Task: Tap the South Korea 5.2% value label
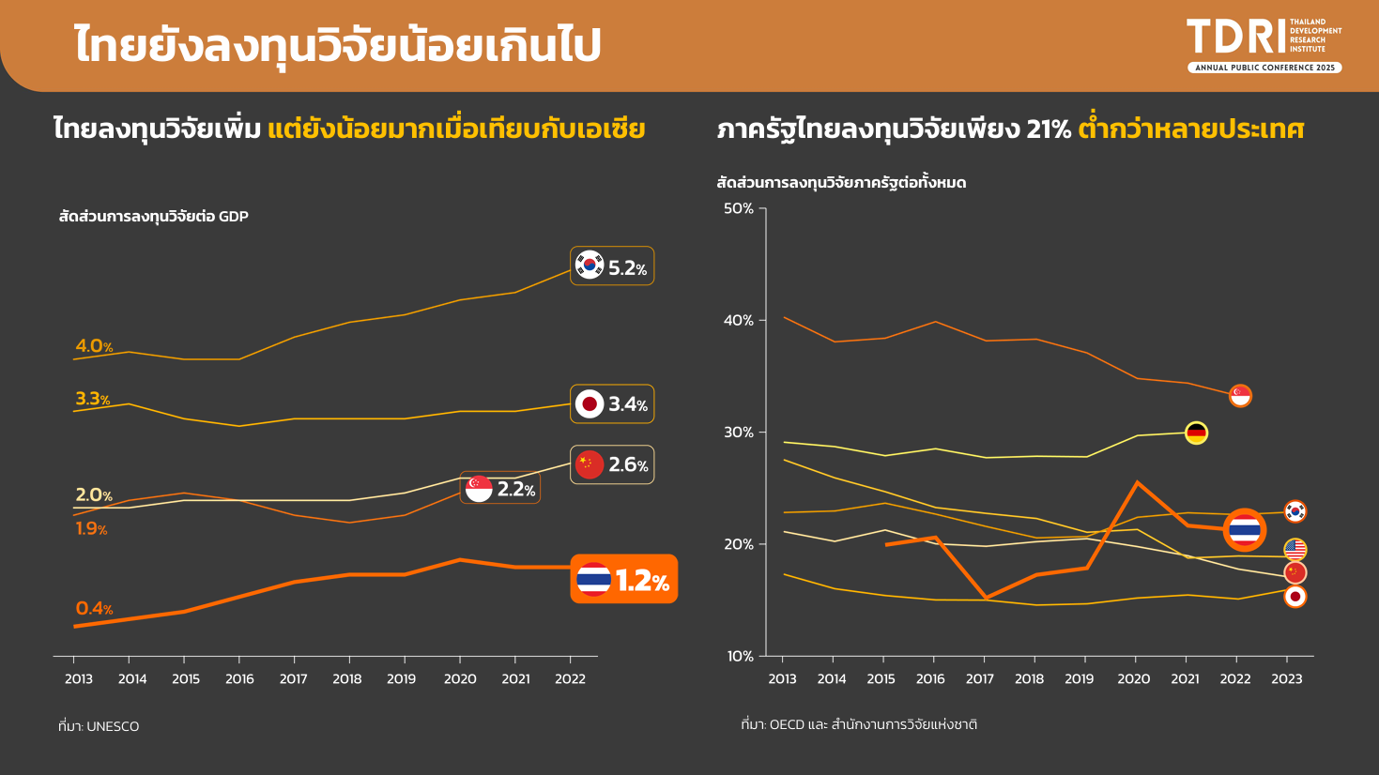612,266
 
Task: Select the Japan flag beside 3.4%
590,404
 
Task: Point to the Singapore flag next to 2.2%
479,489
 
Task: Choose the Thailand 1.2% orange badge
623,580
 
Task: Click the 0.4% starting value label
94,609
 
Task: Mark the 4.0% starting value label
94,346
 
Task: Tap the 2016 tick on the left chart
239,678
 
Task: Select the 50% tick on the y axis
739,208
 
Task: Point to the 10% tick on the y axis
739,656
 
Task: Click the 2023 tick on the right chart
1286,678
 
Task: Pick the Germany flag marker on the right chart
1196,433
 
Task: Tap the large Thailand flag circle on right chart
1245,531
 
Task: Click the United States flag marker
1295,549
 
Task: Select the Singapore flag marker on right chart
1240,396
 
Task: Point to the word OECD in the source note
786,724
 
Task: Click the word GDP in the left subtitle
234,217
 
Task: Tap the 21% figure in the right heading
1049,129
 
